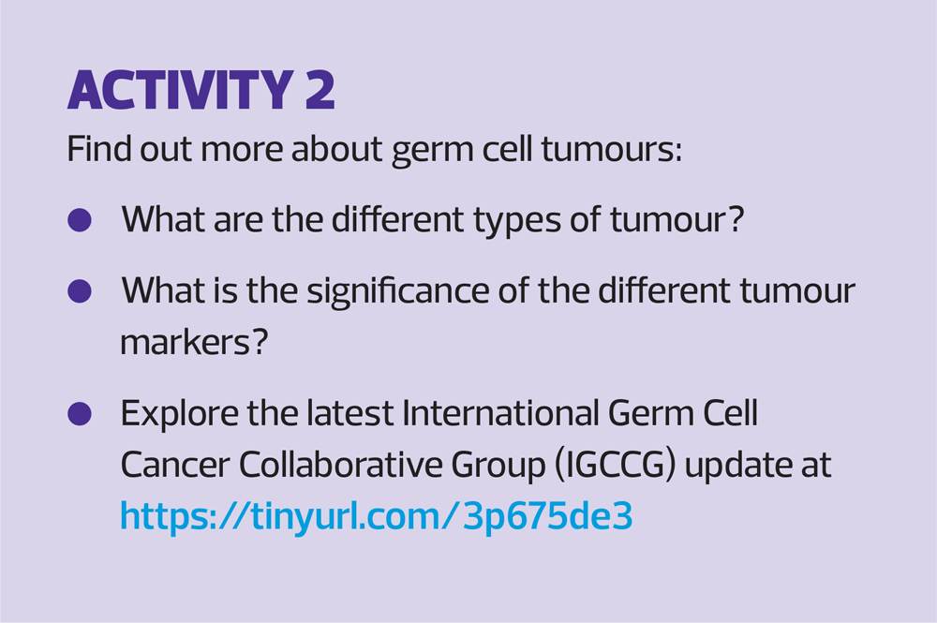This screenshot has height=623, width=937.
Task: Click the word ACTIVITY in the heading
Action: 179,90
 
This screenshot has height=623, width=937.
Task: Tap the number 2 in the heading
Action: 320,90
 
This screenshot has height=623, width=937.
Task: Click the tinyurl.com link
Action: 376,516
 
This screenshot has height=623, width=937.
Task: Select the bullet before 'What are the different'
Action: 80,220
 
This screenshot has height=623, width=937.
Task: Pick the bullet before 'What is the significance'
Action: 80,291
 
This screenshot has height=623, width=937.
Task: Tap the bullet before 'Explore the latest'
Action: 80,413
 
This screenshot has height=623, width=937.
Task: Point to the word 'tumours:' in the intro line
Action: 611,148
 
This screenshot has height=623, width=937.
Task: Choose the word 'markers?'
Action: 194,342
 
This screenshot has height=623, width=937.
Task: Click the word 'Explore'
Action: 179,414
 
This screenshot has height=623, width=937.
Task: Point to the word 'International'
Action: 500,412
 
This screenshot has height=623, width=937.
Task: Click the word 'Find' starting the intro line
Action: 99,148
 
